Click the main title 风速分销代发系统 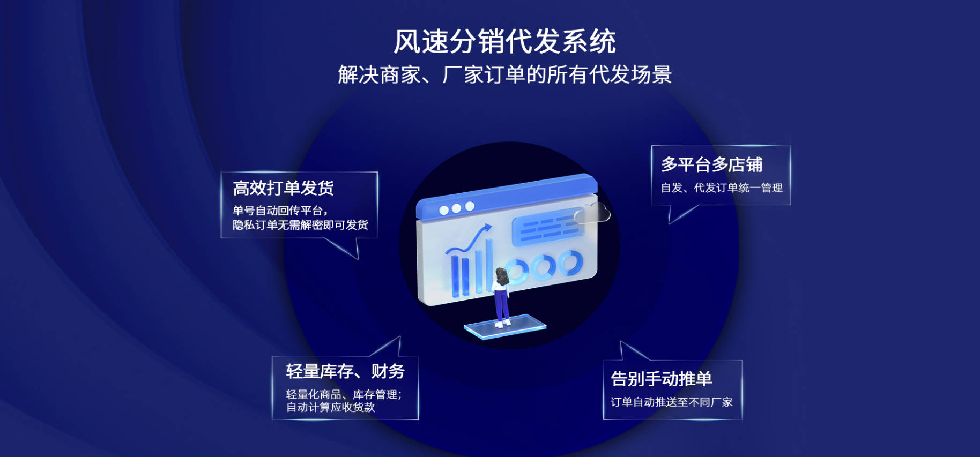click(504, 41)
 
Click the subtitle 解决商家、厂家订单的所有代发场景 click(504, 74)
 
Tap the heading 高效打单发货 click(283, 188)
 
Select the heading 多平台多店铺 click(711, 164)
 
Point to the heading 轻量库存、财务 click(345, 371)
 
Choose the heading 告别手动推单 click(662, 379)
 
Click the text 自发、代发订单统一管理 click(722, 188)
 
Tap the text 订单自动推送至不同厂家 click(671, 402)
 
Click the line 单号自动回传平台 click(280, 211)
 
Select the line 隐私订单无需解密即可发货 click(300, 225)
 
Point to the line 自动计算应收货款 click(330, 407)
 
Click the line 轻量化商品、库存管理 click(344, 394)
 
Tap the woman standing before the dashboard click(501, 297)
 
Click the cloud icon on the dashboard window click(592, 213)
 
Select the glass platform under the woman click(505, 327)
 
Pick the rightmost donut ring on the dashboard click(569, 263)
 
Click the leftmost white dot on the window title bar click(443, 211)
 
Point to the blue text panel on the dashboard click(547, 227)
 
